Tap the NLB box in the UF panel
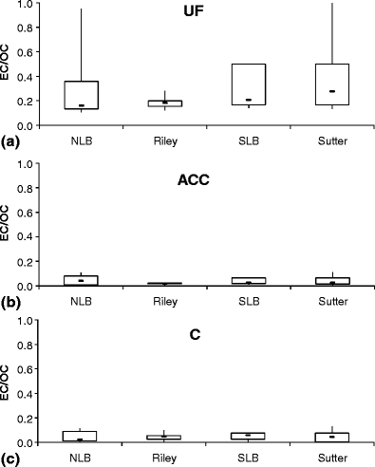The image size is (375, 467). [x=82, y=95]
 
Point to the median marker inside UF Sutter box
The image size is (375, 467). [x=331, y=91]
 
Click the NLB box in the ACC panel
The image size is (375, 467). [x=82, y=280]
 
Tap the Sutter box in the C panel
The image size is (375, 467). [x=331, y=438]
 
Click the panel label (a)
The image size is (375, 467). [x=12, y=141]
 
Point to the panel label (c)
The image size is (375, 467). [x=12, y=459]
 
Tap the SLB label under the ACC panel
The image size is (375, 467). [x=248, y=301]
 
